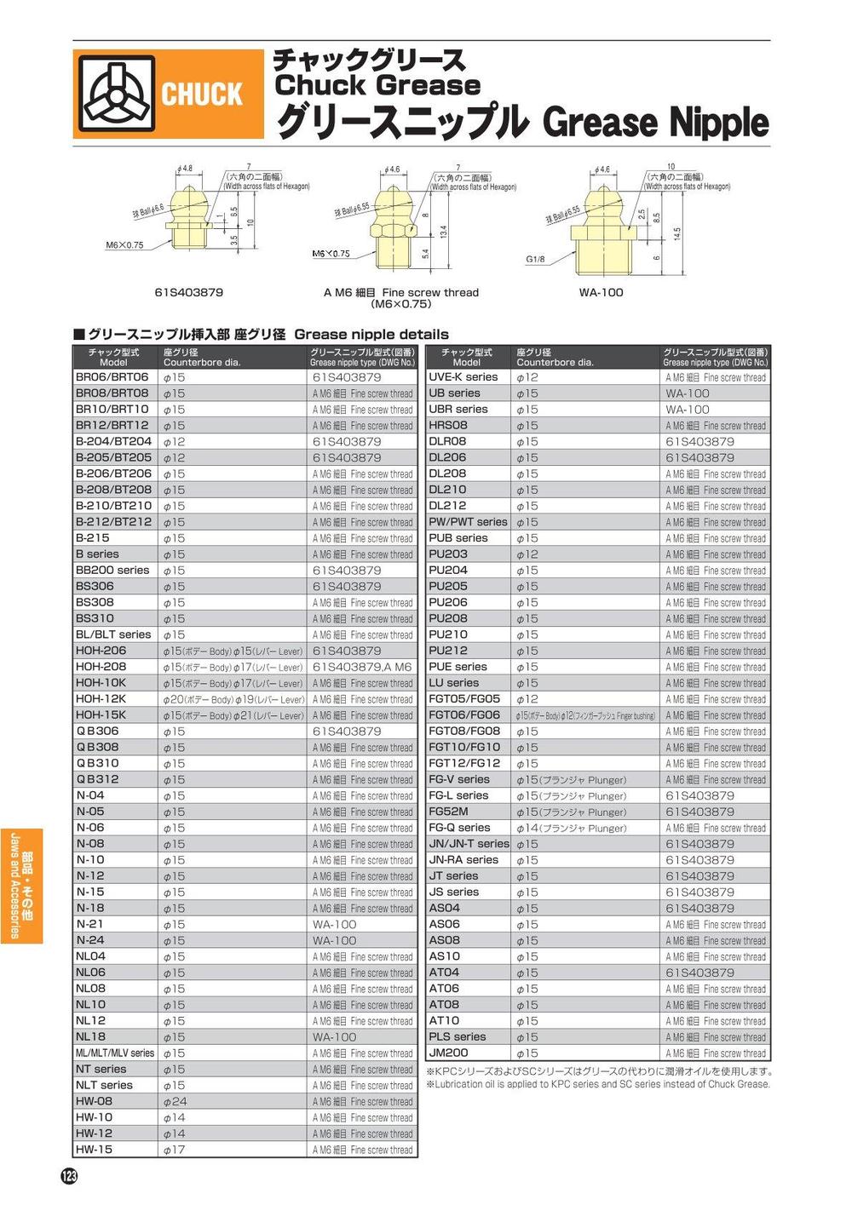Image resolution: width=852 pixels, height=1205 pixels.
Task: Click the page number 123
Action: click(69, 1176)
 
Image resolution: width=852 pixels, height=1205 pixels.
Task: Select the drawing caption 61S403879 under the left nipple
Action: click(189, 292)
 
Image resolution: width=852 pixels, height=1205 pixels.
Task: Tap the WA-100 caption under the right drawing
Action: click(601, 292)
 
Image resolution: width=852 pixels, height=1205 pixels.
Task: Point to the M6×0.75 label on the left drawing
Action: click(124, 245)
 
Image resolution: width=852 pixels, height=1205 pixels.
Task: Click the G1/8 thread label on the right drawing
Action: click(535, 259)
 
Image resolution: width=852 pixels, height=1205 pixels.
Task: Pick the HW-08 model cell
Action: click(94, 1101)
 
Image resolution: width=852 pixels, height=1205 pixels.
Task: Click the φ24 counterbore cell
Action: click(175, 1101)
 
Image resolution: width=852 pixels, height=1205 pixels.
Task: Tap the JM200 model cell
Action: click(448, 1053)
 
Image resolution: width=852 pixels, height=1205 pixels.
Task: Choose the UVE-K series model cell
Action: click(463, 376)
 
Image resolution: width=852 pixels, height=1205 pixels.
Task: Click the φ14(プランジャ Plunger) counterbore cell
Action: click(571, 828)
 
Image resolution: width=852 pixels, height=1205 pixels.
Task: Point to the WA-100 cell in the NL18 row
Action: click(334, 1037)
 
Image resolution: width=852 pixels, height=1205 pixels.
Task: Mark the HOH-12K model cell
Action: click(101, 698)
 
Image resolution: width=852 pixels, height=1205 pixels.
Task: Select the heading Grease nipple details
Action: click(371, 335)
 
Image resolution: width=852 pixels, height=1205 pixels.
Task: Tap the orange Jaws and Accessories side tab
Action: click(21, 887)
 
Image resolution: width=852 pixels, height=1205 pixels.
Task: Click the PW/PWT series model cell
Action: click(468, 522)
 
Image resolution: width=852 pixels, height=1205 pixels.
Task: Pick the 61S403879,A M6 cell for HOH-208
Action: click(362, 667)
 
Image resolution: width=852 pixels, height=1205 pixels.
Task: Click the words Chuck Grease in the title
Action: click(377, 85)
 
